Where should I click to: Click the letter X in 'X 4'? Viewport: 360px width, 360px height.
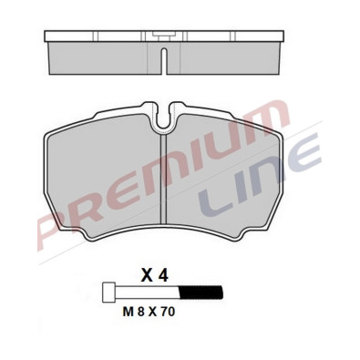tap(147, 273)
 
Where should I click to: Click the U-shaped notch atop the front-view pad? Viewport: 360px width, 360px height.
tap(165, 113)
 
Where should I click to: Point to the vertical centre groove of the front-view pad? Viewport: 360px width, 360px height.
tap(162, 182)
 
